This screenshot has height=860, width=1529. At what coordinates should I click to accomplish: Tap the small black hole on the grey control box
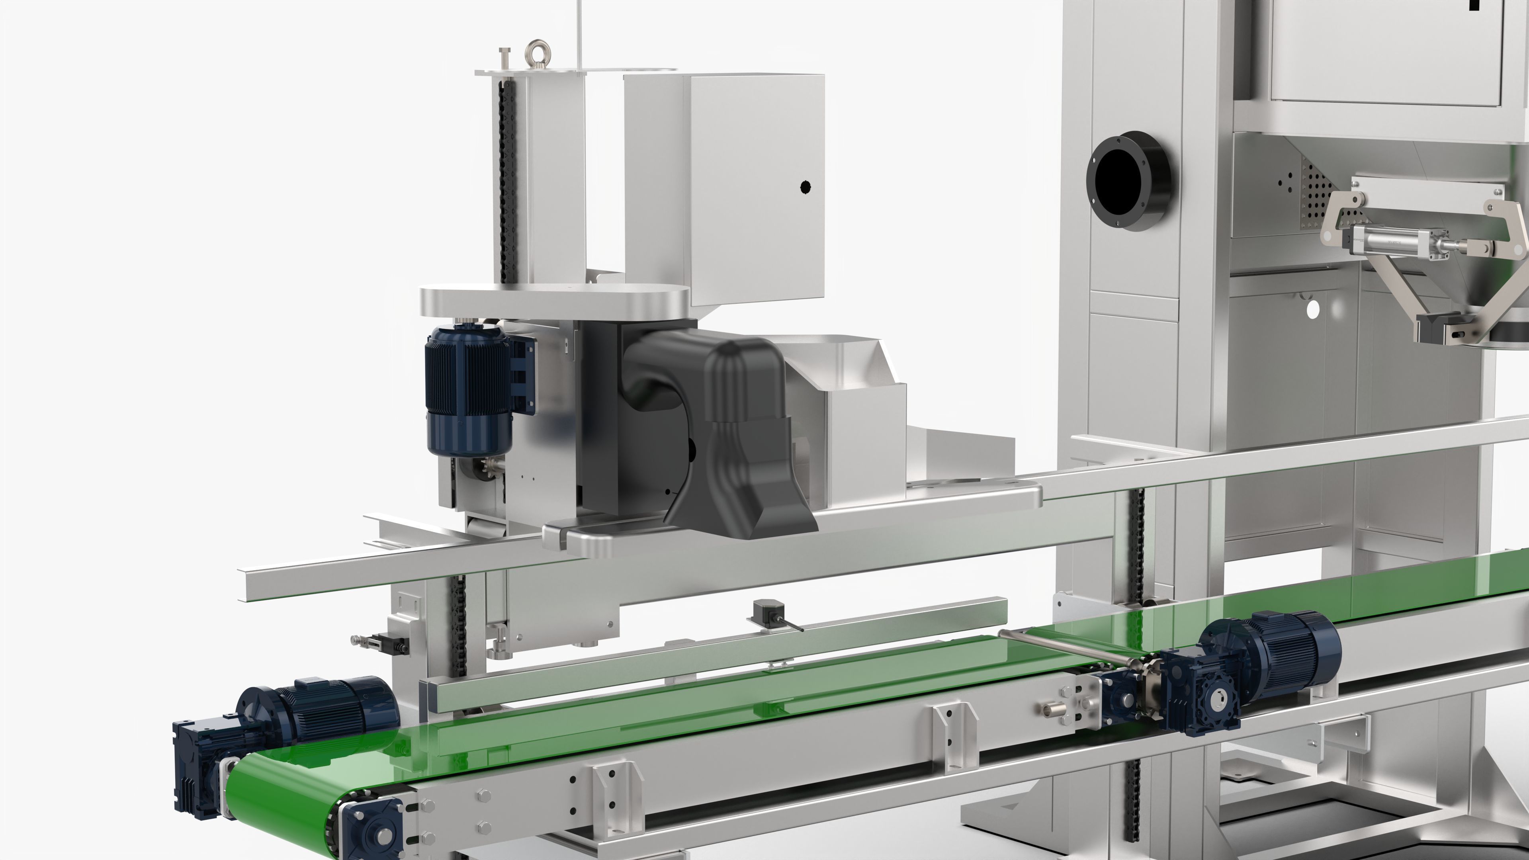[x=806, y=188]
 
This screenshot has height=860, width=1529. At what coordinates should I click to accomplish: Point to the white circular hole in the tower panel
[x=1313, y=309]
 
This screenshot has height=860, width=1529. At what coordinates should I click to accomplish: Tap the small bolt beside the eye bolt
[x=505, y=58]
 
